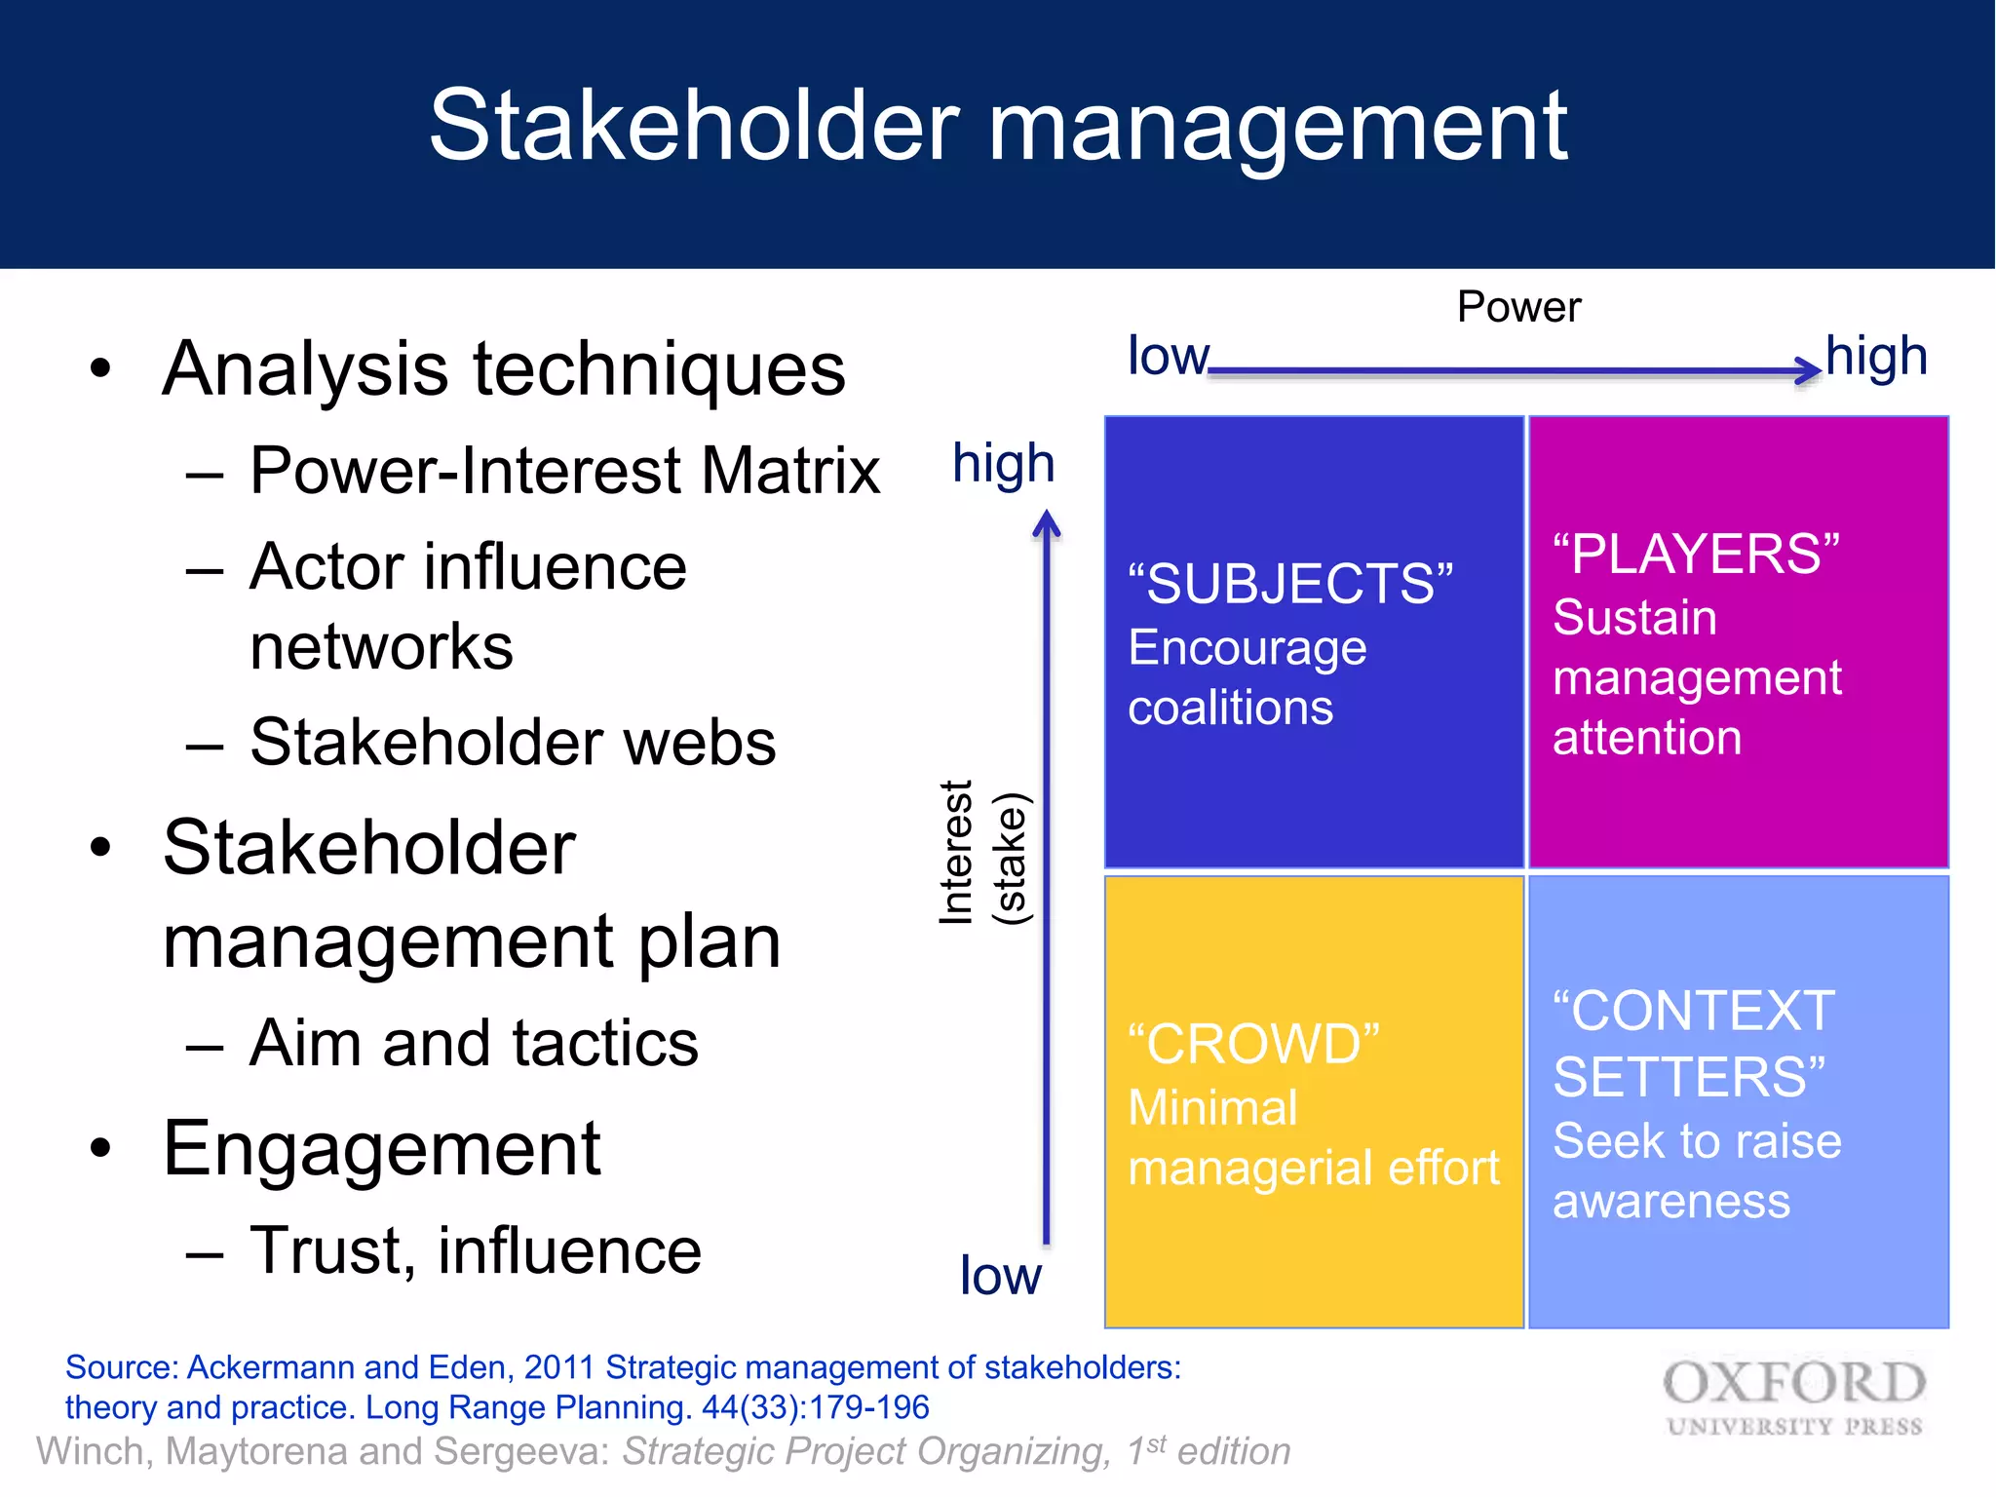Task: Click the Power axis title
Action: coord(1517,307)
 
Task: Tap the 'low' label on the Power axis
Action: coord(1168,357)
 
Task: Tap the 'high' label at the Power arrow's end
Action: coord(1876,357)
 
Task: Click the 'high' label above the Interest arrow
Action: coord(1004,464)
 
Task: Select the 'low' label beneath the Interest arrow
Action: coord(1000,1276)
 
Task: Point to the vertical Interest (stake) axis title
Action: coord(982,853)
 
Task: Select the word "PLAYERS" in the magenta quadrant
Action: coord(1696,555)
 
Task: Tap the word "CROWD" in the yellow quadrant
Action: coord(1253,1045)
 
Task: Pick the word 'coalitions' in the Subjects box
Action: coord(1230,708)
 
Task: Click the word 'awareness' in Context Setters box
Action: coord(1670,1202)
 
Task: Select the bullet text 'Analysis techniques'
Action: coord(504,369)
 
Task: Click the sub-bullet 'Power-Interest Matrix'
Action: coord(564,472)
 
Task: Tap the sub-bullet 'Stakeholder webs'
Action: coord(513,743)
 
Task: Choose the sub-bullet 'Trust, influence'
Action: coord(475,1250)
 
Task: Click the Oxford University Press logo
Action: coord(1793,1398)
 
